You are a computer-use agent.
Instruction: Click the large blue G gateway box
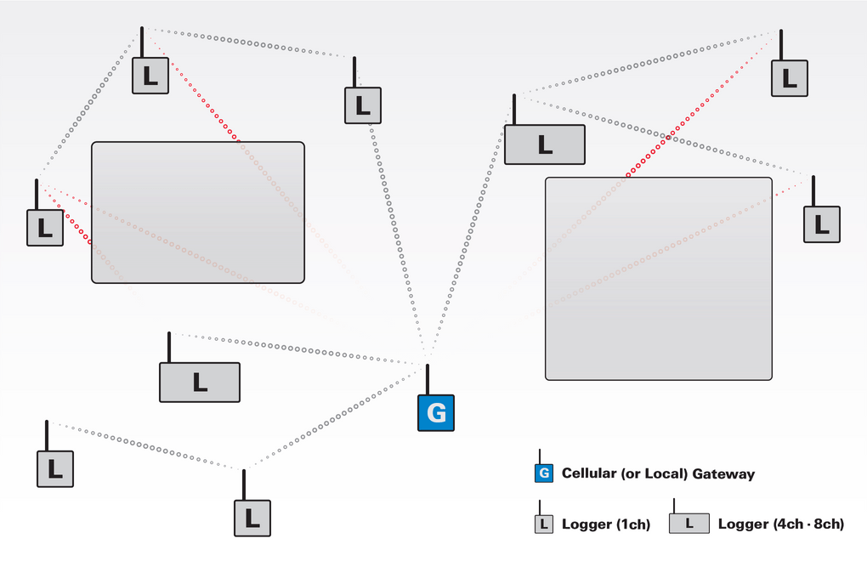pyautogui.click(x=436, y=413)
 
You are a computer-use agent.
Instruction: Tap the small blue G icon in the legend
pyautogui.click(x=544, y=473)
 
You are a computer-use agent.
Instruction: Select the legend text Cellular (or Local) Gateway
pyautogui.click(x=658, y=473)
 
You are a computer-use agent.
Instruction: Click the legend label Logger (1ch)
pyautogui.click(x=606, y=524)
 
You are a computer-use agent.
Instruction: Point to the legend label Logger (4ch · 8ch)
pyautogui.click(x=781, y=524)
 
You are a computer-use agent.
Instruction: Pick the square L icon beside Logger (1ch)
pyautogui.click(x=544, y=524)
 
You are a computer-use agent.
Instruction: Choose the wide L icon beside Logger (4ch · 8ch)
pyautogui.click(x=689, y=524)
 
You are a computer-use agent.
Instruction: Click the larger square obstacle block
pyautogui.click(x=659, y=279)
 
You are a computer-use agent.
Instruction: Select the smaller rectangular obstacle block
pyautogui.click(x=198, y=212)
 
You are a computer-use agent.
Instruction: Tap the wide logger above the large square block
pyautogui.click(x=545, y=144)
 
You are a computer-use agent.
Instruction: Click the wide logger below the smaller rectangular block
pyautogui.click(x=200, y=382)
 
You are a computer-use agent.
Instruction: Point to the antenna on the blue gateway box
pyautogui.click(x=428, y=380)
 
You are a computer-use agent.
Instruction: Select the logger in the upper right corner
pyautogui.click(x=790, y=78)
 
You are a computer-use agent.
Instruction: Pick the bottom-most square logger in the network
pyautogui.click(x=252, y=518)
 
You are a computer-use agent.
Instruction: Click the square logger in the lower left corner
pyautogui.click(x=54, y=469)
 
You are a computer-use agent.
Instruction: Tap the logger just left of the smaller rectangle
pyautogui.click(x=45, y=228)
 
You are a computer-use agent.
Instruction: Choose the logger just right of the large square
pyautogui.click(x=822, y=224)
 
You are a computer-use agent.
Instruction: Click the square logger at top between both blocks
pyautogui.click(x=363, y=105)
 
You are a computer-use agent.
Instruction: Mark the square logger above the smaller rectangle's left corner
pyautogui.click(x=150, y=76)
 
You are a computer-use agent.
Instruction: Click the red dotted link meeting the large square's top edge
pyautogui.click(x=701, y=105)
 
